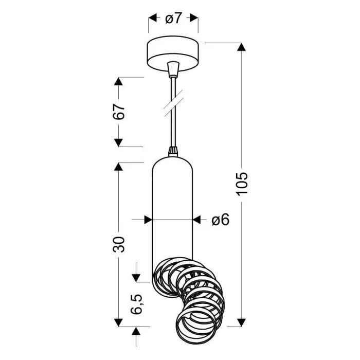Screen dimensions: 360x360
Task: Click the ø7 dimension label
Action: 173,19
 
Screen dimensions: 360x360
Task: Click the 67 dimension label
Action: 119,112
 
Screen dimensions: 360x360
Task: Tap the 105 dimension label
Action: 243,183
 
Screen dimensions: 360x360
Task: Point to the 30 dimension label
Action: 119,244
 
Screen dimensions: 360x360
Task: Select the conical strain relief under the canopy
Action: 173,68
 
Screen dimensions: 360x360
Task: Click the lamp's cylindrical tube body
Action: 173,211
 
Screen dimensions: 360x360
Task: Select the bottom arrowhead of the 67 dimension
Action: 119,142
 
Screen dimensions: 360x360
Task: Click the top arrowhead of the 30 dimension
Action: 119,167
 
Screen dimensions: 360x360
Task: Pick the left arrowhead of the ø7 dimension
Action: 153,19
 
